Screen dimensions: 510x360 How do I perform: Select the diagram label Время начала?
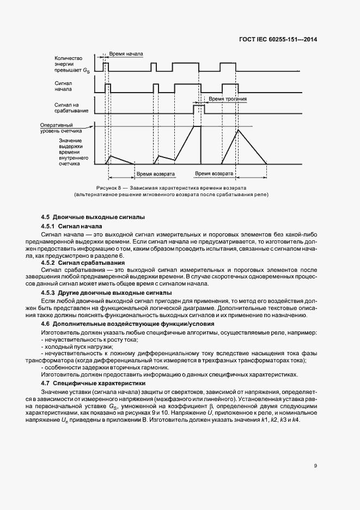pos(126,54)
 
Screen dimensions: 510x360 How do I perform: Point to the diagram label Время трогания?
pos(228,100)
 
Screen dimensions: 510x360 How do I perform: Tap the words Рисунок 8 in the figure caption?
pos(108,188)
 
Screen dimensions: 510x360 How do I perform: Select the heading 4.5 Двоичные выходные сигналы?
pos(93,217)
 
